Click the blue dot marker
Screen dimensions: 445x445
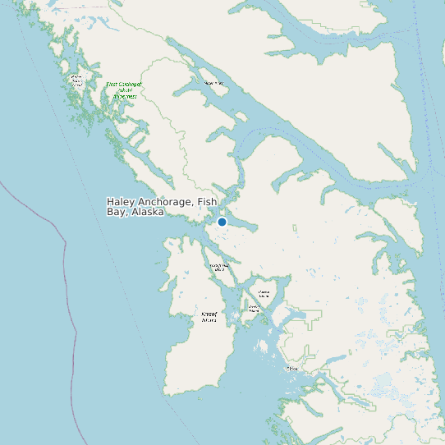(222, 222)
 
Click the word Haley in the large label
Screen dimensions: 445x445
(121, 202)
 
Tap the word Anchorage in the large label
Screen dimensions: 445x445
(164, 202)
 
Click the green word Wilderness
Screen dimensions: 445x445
(125, 97)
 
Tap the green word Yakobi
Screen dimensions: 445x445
(125, 90)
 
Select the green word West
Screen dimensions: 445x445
(112, 84)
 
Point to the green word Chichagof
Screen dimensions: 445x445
(130, 84)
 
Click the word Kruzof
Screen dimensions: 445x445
(209, 314)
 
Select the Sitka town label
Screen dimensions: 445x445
(291, 369)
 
